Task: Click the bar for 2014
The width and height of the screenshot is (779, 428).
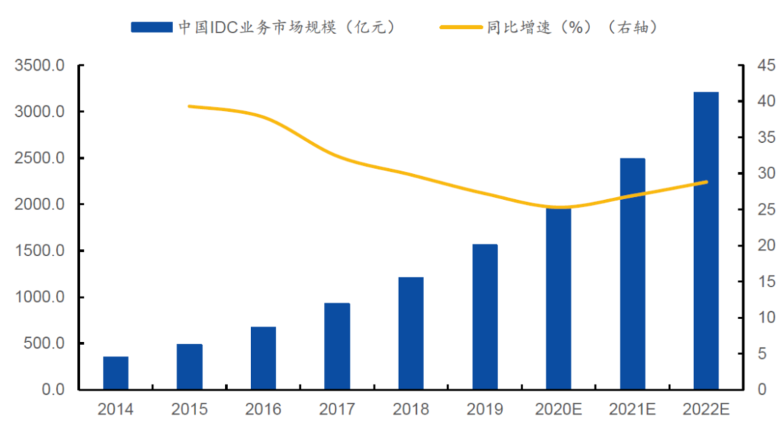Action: (115, 372)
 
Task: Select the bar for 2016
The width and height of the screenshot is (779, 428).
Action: (263, 358)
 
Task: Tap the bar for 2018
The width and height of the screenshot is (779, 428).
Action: (410, 333)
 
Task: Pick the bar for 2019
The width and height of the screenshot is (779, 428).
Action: (485, 317)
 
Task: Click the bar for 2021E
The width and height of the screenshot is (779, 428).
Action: (633, 274)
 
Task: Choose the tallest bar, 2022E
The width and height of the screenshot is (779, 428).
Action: (706, 241)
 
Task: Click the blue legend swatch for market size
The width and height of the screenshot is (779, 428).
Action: (152, 27)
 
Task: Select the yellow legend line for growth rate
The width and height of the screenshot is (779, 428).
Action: (461, 27)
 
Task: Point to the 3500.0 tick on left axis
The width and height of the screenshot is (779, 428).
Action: (40, 66)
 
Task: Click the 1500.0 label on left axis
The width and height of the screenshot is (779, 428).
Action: (40, 251)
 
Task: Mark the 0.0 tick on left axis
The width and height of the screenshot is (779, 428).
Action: (50, 390)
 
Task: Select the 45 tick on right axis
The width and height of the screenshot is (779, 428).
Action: (756, 66)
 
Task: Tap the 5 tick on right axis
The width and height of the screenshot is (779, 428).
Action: (752, 354)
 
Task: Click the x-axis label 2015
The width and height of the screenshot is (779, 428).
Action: (189, 410)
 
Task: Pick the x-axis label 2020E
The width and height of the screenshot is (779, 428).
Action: (558, 410)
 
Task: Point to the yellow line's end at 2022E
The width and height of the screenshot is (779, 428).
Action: (707, 182)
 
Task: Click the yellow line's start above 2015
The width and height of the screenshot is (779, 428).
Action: (189, 106)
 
